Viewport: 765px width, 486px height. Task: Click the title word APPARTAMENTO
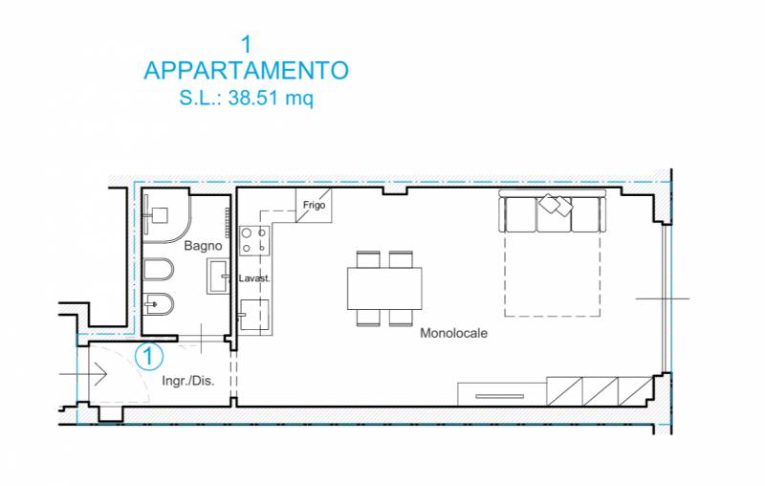point(247,71)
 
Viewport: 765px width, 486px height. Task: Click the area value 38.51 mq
point(271,99)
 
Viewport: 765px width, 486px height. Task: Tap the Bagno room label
point(203,246)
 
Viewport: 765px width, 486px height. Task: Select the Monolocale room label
point(453,333)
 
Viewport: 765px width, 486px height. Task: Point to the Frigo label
point(314,205)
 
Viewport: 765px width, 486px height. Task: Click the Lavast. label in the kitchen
point(254,278)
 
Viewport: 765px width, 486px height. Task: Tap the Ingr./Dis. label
point(188,381)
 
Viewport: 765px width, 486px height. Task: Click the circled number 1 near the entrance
point(149,356)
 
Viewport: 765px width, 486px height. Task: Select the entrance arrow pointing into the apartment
point(83,375)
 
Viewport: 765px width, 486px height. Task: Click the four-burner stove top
point(254,240)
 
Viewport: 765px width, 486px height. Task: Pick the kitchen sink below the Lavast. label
point(254,315)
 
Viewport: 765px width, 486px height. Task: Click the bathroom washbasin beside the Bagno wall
point(218,276)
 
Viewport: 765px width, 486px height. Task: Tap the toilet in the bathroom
point(159,269)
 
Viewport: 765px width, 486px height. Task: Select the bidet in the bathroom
point(159,304)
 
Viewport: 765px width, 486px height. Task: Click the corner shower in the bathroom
point(165,216)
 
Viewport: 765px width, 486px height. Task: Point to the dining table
point(384,288)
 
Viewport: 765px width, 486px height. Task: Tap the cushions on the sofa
point(557,204)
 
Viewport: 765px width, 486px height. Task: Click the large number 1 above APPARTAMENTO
point(247,44)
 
